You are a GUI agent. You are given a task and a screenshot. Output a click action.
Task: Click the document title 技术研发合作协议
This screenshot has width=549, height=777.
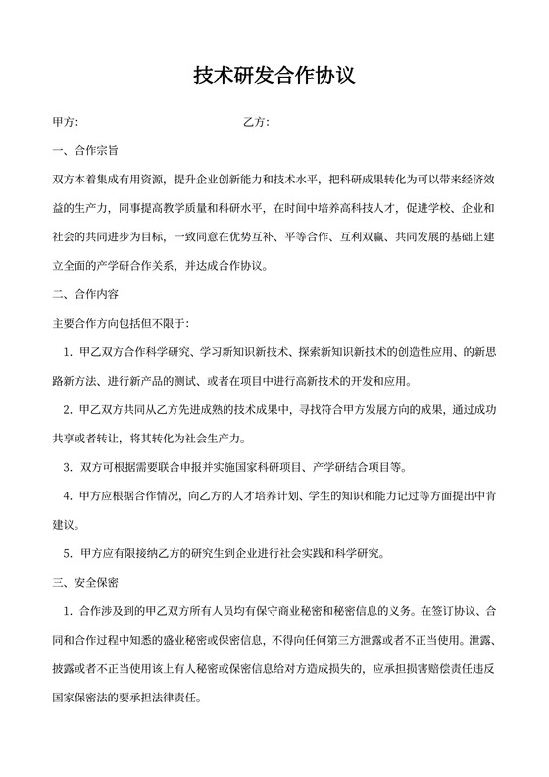(x=274, y=76)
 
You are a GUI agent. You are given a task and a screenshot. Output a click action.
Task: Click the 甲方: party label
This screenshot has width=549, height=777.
(x=65, y=123)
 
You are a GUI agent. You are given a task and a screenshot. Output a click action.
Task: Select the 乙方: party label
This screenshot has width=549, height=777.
(x=256, y=123)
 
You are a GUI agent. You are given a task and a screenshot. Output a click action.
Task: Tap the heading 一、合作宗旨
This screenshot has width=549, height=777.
(x=85, y=152)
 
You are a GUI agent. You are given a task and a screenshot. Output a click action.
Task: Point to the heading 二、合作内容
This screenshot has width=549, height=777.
(x=85, y=294)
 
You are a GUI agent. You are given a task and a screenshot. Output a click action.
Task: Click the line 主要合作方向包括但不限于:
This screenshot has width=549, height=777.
(x=120, y=323)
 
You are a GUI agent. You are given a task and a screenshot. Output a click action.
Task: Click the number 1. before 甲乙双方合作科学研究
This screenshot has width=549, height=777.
(x=69, y=352)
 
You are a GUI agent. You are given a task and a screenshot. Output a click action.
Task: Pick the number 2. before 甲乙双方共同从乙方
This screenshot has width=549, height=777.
(x=69, y=409)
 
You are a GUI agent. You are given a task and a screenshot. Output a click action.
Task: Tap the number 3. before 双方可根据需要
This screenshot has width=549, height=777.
(x=69, y=467)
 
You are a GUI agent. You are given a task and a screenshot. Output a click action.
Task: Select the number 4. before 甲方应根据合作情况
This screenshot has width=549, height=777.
(x=69, y=495)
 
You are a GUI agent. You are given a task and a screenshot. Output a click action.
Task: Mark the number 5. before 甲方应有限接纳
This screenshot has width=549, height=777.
(x=69, y=553)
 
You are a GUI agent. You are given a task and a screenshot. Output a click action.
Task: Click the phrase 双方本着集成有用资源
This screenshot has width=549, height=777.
(x=108, y=181)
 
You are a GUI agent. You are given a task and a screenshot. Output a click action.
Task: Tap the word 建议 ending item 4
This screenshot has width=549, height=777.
(x=65, y=525)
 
